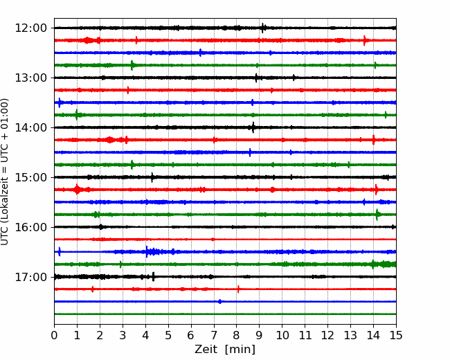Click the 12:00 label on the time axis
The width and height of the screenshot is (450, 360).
30,28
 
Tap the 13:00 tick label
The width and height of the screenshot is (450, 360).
30,78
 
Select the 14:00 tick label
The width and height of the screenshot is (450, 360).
30,127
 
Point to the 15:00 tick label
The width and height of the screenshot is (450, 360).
30,177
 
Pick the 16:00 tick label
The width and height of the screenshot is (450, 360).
30,227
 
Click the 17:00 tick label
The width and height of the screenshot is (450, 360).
30,277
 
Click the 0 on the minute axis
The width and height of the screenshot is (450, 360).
54,335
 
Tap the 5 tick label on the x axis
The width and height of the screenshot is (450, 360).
168,335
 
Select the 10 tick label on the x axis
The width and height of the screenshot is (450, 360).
282,335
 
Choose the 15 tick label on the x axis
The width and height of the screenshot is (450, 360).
396,335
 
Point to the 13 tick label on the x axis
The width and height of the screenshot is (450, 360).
350,335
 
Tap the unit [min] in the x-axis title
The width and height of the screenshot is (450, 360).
240,350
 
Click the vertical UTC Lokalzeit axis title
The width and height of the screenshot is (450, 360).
4,172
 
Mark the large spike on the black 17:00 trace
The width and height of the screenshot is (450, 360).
153,277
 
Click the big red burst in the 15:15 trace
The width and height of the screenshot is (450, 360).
77,190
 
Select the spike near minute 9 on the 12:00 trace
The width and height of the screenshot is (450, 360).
262,28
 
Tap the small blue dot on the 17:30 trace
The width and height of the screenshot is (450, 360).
219,301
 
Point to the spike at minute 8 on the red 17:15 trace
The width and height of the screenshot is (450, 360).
238,289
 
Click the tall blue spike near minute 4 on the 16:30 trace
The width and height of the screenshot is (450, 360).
147,252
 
